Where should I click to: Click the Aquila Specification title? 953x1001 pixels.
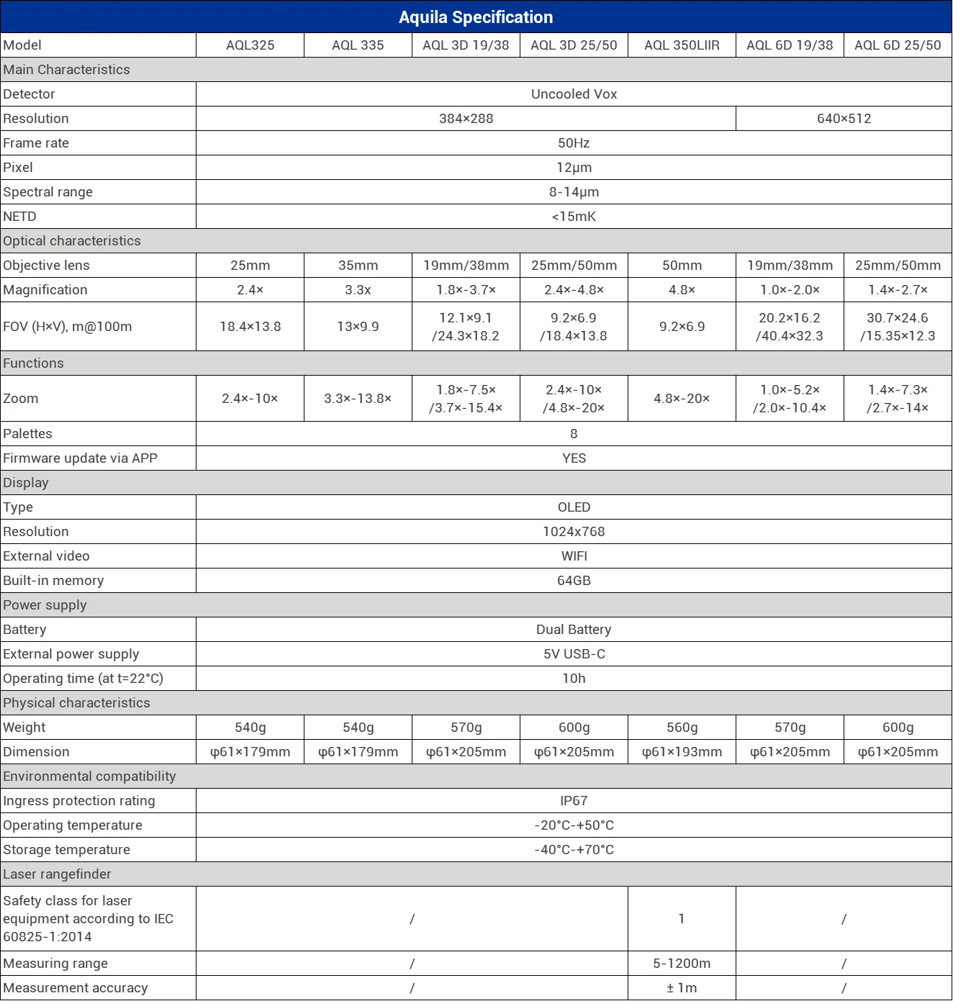pyautogui.click(x=476, y=17)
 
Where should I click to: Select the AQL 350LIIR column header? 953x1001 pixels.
pyautogui.click(x=682, y=45)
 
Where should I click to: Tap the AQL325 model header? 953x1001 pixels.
pyautogui.click(x=250, y=45)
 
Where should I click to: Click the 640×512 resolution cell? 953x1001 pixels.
pyautogui.click(x=844, y=119)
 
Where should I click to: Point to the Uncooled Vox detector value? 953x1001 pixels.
pyautogui.click(x=574, y=94)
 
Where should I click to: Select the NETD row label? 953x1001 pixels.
pyautogui.click(x=20, y=217)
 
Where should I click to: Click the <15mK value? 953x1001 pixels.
pyautogui.click(x=574, y=217)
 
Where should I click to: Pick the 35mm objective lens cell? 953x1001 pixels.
pyautogui.click(x=358, y=266)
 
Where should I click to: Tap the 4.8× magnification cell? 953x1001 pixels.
pyautogui.click(x=682, y=290)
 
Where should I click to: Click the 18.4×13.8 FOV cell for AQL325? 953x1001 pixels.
pyautogui.click(x=250, y=327)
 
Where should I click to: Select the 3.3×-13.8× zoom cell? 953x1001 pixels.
pyautogui.click(x=358, y=399)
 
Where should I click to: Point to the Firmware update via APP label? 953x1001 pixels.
pyautogui.click(x=80, y=458)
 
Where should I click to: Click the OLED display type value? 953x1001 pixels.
pyautogui.click(x=574, y=507)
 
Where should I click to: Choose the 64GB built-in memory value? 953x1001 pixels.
pyautogui.click(x=574, y=581)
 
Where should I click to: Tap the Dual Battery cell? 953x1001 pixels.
pyautogui.click(x=574, y=630)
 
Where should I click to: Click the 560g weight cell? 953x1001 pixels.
pyautogui.click(x=682, y=728)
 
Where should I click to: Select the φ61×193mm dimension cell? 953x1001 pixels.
pyautogui.click(x=682, y=752)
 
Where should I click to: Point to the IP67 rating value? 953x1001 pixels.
pyautogui.click(x=574, y=801)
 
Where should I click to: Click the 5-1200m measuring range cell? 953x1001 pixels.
pyautogui.click(x=682, y=964)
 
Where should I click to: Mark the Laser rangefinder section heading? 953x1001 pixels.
pyautogui.click(x=58, y=874)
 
